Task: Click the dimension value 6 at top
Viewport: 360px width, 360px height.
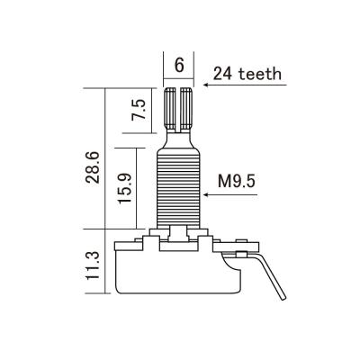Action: [179, 65]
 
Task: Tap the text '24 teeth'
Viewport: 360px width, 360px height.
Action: [247, 74]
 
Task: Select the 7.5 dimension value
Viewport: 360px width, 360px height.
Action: [139, 110]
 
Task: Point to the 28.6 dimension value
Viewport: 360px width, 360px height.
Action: [92, 167]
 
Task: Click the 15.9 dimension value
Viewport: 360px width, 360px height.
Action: [125, 188]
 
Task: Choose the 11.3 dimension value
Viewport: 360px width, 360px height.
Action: [93, 266]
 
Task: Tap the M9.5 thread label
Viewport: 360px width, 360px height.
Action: [237, 181]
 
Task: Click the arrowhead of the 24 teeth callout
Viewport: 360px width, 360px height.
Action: [206, 85]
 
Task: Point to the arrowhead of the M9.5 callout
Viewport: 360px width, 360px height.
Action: [206, 195]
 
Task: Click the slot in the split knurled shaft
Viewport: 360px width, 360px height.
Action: [179, 110]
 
